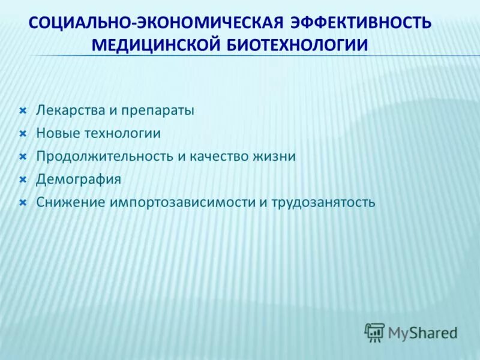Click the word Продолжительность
click(104, 157)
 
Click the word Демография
click(79, 179)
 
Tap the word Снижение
click(70, 202)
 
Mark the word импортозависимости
click(182, 202)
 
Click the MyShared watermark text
click(422, 332)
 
